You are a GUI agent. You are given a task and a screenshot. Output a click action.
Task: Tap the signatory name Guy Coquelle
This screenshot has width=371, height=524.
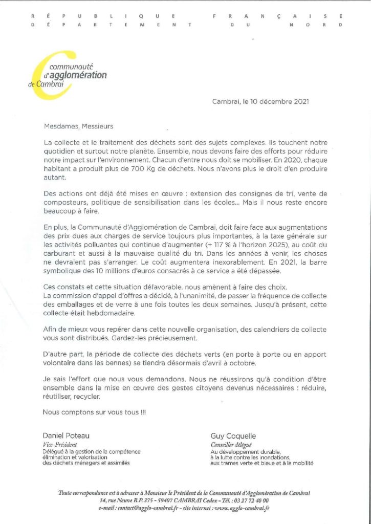(234, 436)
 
